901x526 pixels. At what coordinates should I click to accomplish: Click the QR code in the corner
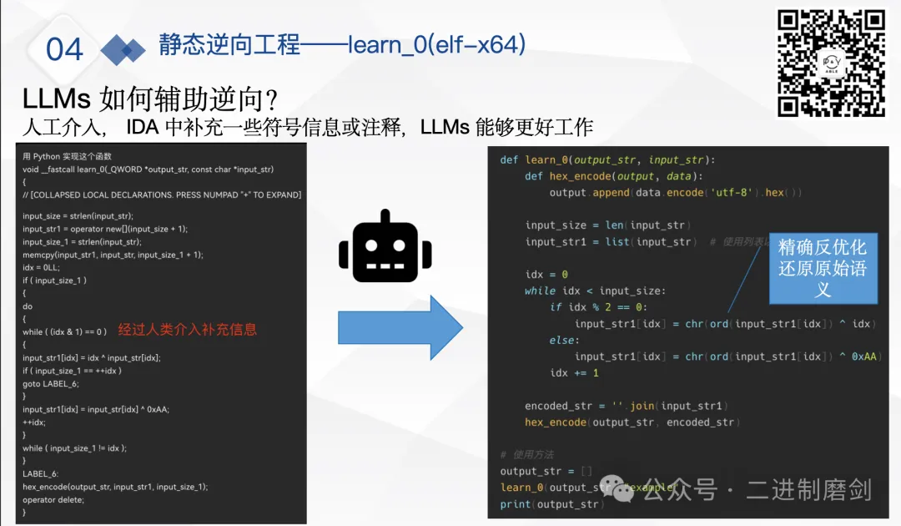click(831, 63)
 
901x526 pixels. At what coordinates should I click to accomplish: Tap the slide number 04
click(64, 49)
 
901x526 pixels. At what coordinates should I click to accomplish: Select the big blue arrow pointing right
click(400, 326)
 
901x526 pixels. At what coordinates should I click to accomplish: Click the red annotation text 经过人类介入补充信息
click(187, 329)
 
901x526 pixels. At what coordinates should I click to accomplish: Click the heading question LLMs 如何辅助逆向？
click(150, 99)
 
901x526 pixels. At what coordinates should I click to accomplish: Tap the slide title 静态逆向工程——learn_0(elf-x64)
click(342, 43)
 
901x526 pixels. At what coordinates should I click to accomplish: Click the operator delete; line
click(53, 499)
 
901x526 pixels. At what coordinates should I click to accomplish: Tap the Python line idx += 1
click(574, 372)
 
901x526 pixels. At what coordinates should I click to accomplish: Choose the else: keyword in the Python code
click(562, 340)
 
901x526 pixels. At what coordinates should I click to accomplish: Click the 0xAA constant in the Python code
click(865, 357)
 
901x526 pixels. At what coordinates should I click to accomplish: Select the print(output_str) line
click(550, 504)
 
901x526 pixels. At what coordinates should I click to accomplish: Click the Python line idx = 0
click(546, 275)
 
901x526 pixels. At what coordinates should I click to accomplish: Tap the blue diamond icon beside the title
click(123, 50)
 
